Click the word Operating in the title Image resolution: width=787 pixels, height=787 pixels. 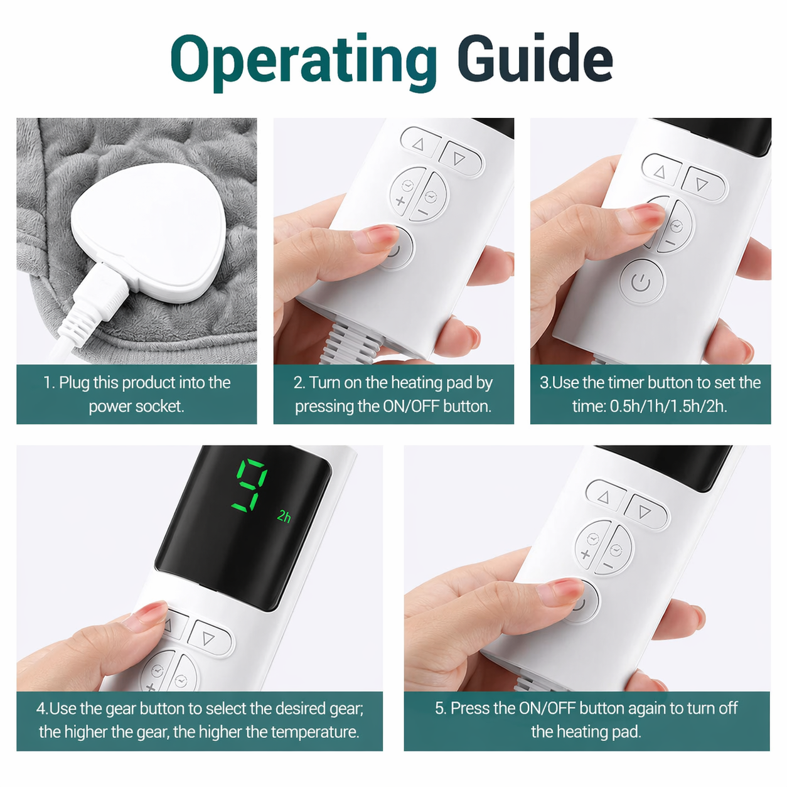click(x=304, y=63)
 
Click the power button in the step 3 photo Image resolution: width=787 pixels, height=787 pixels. click(x=641, y=281)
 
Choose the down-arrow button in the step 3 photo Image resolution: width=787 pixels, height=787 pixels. click(x=704, y=183)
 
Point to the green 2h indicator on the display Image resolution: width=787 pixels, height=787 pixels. click(x=284, y=517)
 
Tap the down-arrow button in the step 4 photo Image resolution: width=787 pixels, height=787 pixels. click(x=209, y=638)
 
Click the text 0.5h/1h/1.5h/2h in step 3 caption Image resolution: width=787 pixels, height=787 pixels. click(x=668, y=407)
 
